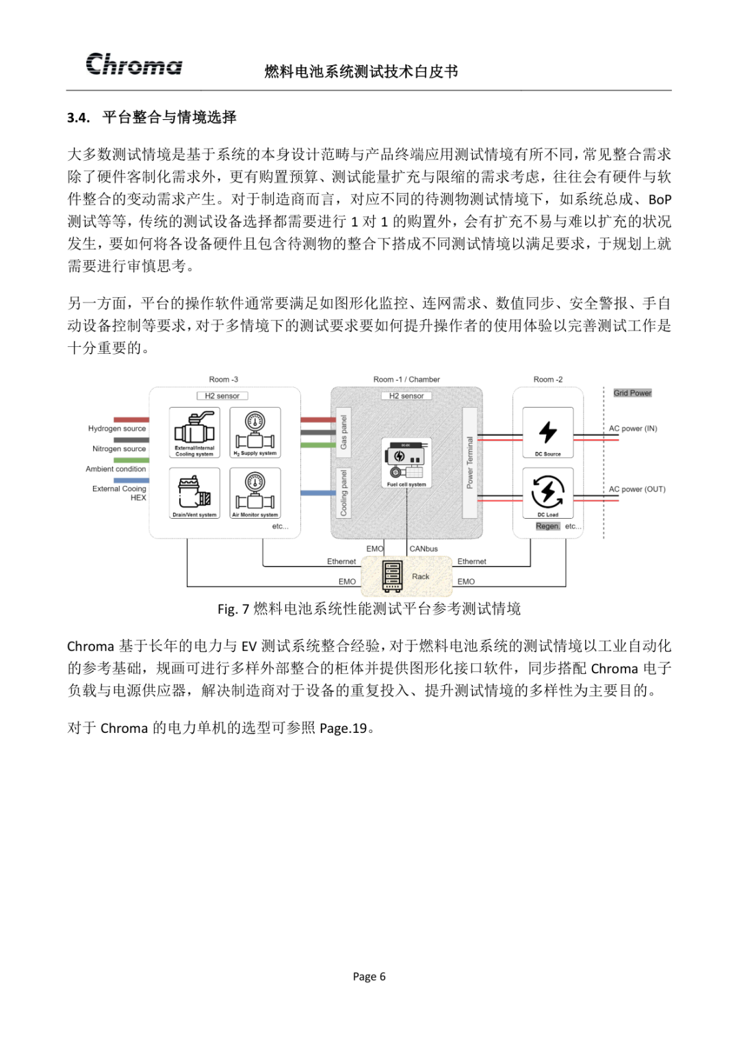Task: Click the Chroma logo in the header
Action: click(134, 64)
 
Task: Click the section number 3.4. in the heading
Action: click(78, 118)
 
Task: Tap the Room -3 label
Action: click(224, 379)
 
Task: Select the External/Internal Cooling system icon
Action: click(194, 430)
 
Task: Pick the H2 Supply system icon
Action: click(255, 430)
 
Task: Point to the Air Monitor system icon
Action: click(255, 490)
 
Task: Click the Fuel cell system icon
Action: click(406, 461)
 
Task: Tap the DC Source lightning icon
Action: click(548, 431)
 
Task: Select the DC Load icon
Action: click(548, 491)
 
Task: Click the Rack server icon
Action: click(392, 576)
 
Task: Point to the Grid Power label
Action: click(632, 393)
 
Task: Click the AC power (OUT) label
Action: click(637, 489)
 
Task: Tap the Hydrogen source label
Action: click(117, 428)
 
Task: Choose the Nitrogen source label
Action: click(119, 449)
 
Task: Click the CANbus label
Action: click(424, 549)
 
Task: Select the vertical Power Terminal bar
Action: click(469, 463)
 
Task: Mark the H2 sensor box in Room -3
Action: click(222, 396)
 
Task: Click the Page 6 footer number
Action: click(369, 977)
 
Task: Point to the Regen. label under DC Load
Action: click(547, 526)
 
